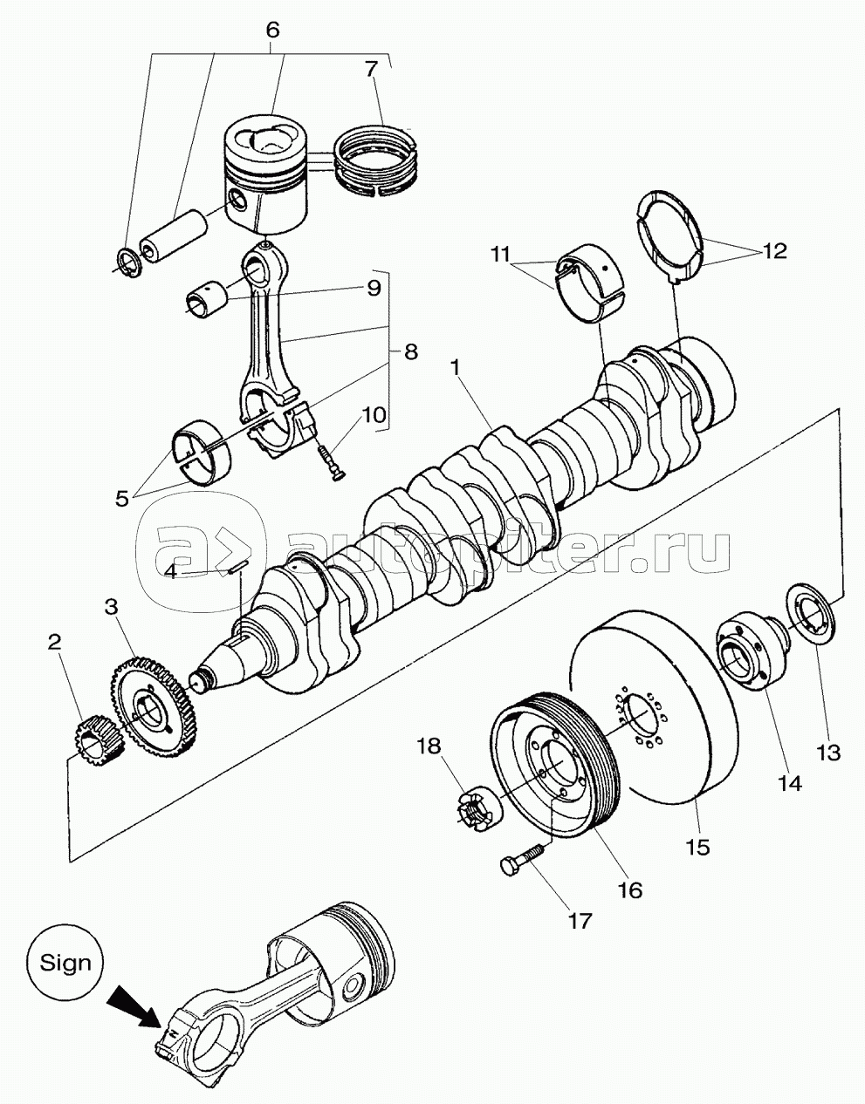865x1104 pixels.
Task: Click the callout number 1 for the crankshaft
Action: point(456,368)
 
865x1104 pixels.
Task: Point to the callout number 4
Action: point(171,572)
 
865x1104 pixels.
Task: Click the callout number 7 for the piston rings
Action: point(372,68)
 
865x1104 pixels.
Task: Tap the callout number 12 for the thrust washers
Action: point(774,250)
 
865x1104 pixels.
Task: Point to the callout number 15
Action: point(700,847)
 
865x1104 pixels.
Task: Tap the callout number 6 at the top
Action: point(272,30)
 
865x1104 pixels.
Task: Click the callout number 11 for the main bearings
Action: point(500,254)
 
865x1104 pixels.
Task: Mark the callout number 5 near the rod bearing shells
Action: point(121,499)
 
